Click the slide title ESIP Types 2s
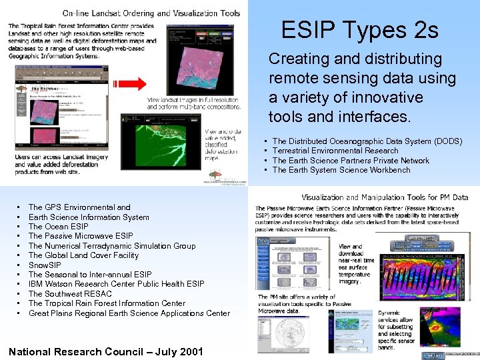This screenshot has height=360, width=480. point(359,30)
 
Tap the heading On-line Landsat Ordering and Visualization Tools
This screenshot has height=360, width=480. point(151,13)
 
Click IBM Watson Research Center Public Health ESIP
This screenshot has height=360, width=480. point(116,284)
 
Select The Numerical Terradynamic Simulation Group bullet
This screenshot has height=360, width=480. point(112,245)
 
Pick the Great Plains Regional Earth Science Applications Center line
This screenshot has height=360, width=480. point(129,313)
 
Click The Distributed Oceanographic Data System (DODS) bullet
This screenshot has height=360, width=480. point(367,141)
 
